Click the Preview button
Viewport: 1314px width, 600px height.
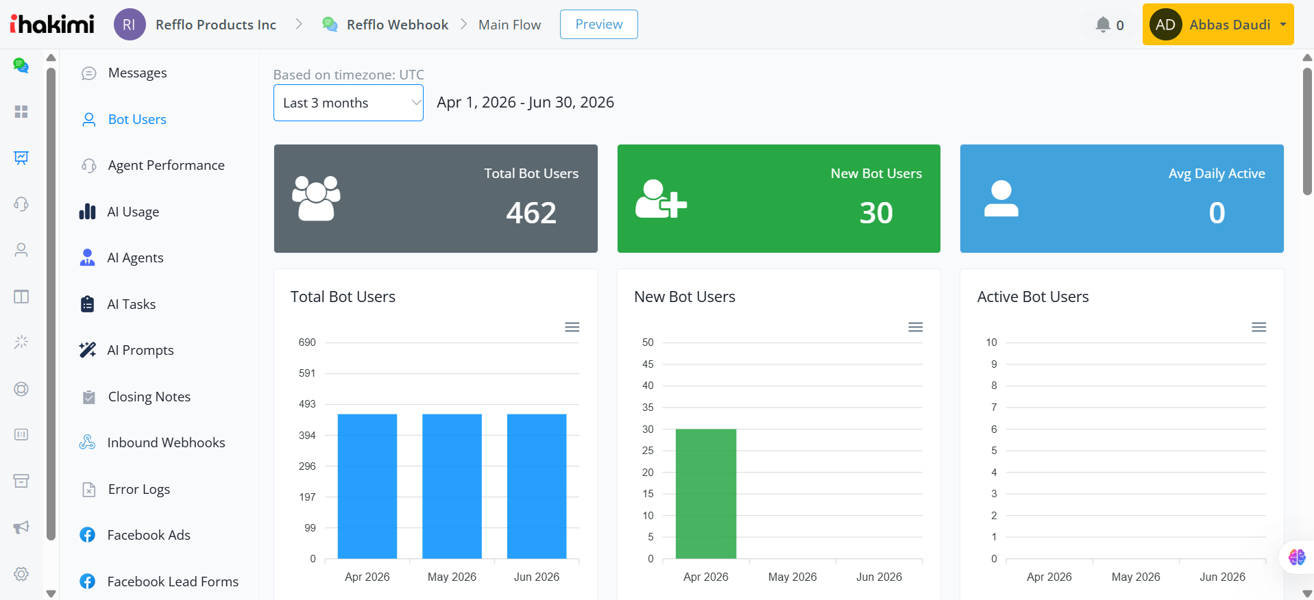(x=598, y=25)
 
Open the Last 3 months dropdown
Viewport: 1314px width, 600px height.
(x=348, y=103)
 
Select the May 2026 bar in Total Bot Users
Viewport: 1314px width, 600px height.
(x=452, y=486)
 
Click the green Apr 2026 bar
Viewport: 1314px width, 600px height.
(x=706, y=494)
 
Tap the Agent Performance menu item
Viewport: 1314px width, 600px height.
(x=166, y=165)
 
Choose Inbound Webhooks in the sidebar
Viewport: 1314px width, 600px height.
(x=166, y=442)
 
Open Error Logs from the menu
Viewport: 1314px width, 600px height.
(x=138, y=489)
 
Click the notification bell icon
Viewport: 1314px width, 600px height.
(x=1102, y=25)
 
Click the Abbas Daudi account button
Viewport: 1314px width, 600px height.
(x=1218, y=25)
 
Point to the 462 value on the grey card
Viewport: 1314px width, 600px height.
(x=531, y=212)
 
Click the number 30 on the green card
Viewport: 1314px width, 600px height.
(x=876, y=212)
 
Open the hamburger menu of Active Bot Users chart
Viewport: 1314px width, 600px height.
(x=1258, y=327)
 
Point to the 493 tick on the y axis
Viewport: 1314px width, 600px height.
(x=307, y=404)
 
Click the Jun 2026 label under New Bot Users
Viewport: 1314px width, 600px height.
(x=879, y=577)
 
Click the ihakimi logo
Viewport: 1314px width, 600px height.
(x=52, y=24)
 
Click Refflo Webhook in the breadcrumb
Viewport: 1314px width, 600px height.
(x=397, y=25)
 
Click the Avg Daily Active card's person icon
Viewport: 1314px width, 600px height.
(x=1001, y=199)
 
